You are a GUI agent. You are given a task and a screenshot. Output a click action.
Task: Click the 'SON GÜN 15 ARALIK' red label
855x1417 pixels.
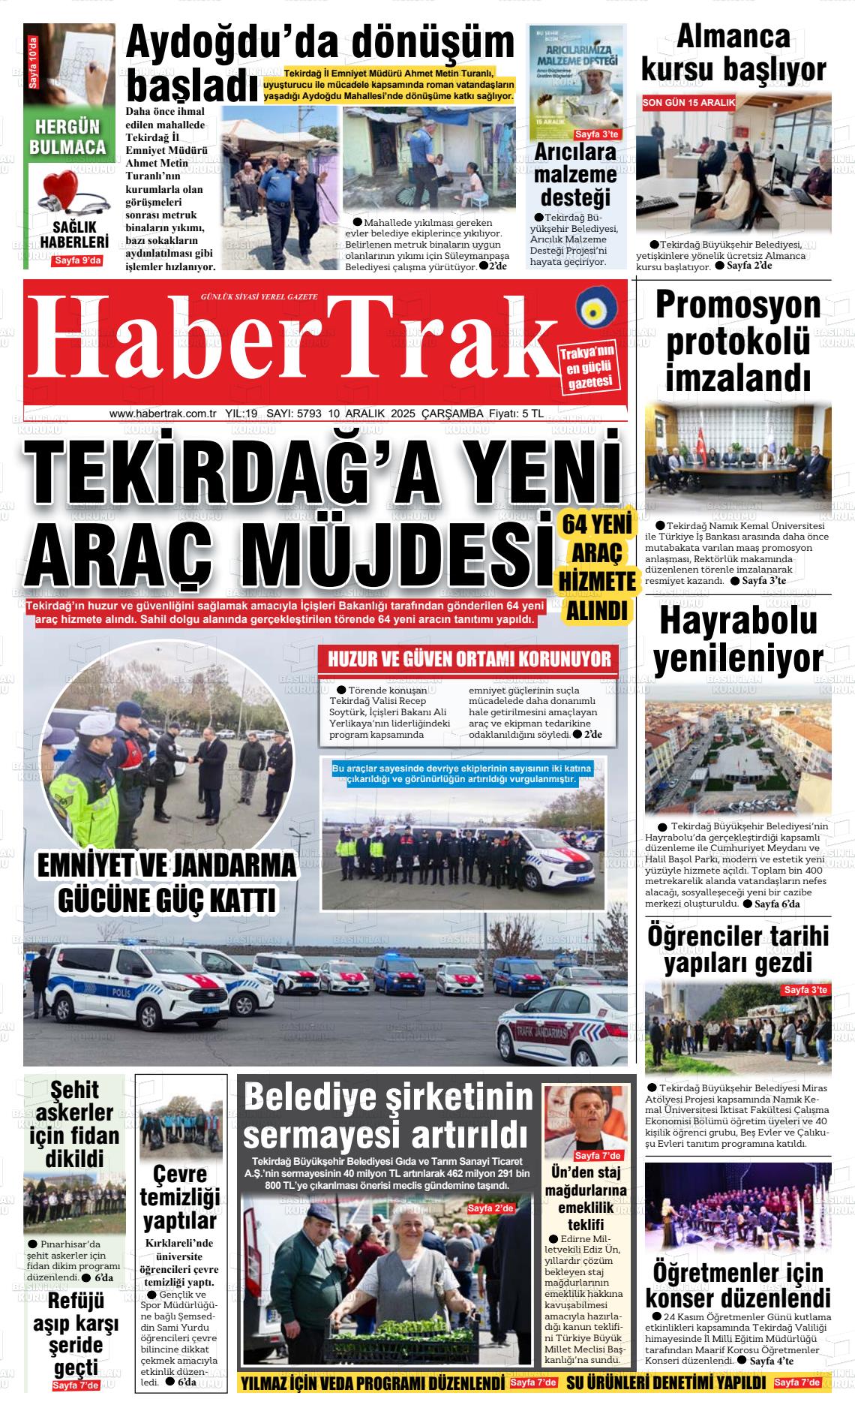coord(689,102)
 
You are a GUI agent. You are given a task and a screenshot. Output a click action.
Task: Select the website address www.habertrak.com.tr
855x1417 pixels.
coord(163,414)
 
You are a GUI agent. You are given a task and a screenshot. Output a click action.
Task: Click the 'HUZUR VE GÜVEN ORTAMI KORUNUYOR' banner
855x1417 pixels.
coord(469,659)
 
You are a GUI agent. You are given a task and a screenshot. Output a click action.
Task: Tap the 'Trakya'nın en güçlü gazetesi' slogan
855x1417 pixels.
coord(589,369)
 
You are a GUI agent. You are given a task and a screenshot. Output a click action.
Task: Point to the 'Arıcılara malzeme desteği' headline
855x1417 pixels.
coord(575,175)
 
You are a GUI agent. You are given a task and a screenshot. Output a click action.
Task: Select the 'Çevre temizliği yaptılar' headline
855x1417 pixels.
coord(180,1197)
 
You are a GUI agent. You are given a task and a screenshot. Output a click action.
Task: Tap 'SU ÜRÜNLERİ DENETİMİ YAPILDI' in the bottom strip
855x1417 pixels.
coord(666,1382)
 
